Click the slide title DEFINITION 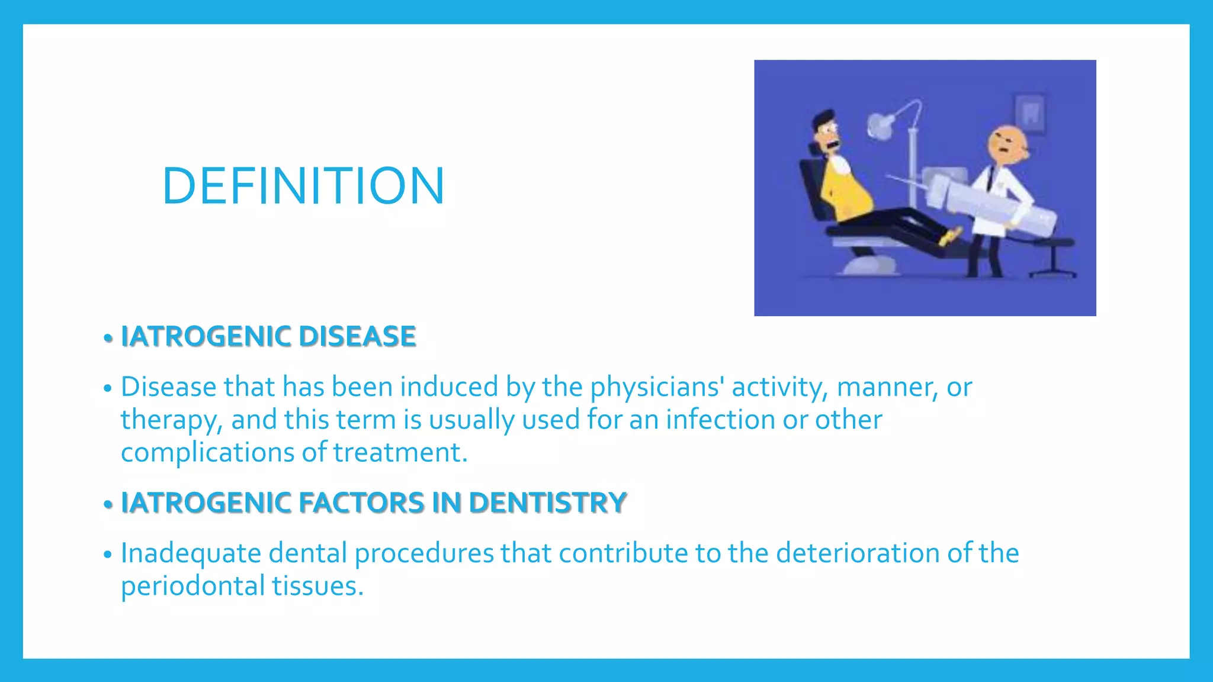(303, 186)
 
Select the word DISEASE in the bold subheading (357, 336)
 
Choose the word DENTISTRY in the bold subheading (547, 503)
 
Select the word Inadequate (191, 554)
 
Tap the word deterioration (858, 553)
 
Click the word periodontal (193, 586)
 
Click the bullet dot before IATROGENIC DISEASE (107, 339)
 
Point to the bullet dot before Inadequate (107, 555)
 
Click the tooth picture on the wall (1031, 112)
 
